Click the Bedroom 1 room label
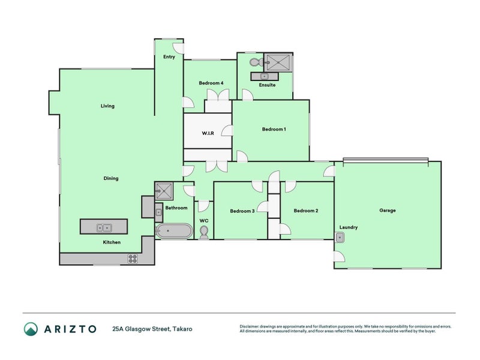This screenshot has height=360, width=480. pos(274,129)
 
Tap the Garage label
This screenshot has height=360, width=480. pos(387,211)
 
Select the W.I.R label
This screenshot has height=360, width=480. pos(208,133)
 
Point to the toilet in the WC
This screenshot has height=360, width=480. pos(204,232)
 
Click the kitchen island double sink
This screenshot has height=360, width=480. pos(104,227)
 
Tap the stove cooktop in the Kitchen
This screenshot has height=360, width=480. pos(133,259)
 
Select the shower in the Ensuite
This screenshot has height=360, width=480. pos(278,62)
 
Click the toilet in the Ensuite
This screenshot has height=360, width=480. pos(254,62)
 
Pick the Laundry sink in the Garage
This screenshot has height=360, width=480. pos(340,238)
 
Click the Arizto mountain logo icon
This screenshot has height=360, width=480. pos(31,329)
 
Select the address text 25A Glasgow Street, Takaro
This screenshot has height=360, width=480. pos(152,329)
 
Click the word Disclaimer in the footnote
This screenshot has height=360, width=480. pos(252,326)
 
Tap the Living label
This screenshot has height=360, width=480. pos(107,106)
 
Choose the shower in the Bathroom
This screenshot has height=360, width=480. pos(163,191)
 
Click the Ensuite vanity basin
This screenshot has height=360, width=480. pos(263,76)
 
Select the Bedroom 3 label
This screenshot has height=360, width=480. pos(242,211)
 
